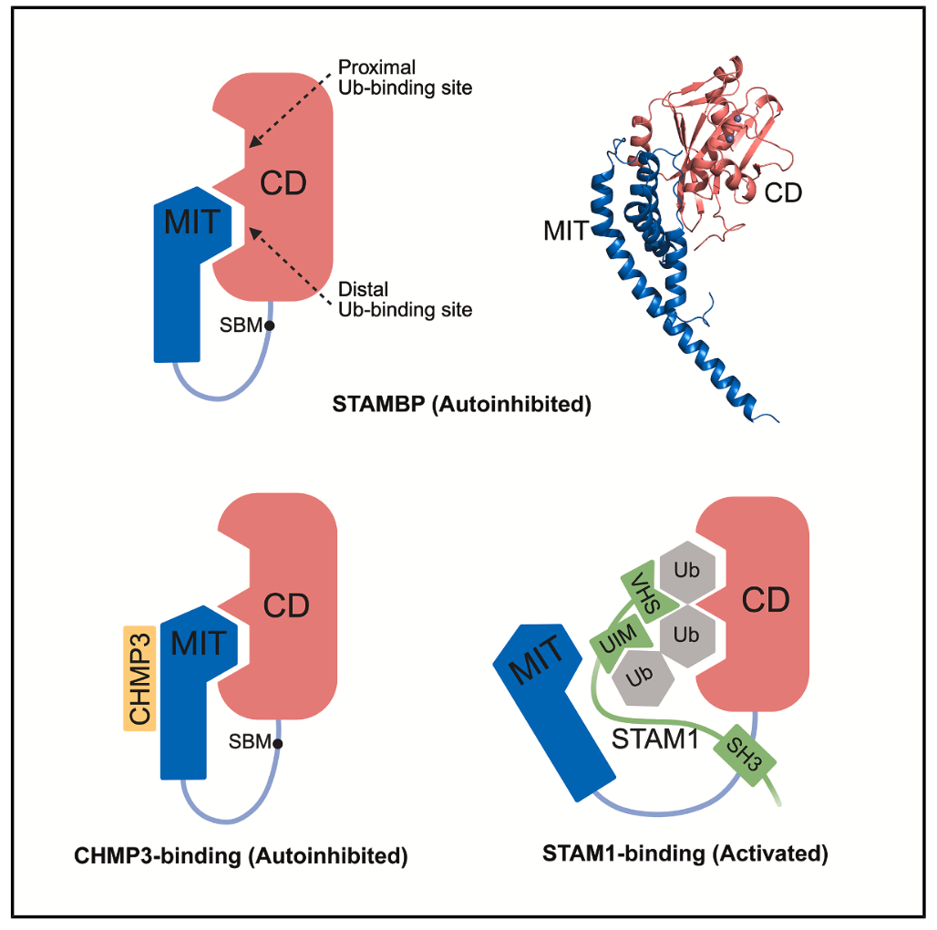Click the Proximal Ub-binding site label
[x=405, y=77]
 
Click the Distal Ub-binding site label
[x=405, y=300]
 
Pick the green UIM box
[x=619, y=644]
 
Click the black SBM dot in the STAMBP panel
[x=270, y=325]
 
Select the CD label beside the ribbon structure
[x=782, y=192]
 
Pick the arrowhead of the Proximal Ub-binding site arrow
[x=254, y=145]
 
